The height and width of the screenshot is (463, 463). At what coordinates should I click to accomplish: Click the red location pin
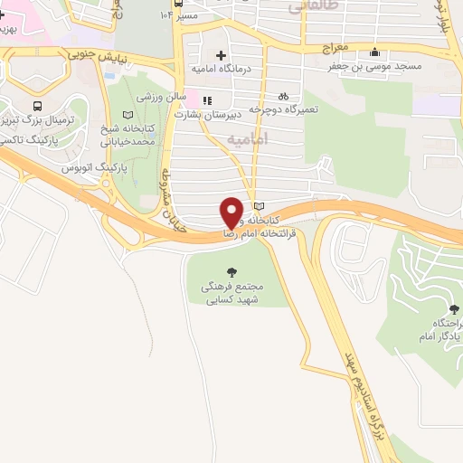(x=231, y=211)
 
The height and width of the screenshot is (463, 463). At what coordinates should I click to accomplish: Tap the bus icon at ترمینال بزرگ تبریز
(x=36, y=106)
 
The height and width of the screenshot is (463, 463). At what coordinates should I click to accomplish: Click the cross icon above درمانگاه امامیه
(x=220, y=55)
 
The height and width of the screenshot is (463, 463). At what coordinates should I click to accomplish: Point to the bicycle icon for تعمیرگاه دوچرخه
(x=283, y=95)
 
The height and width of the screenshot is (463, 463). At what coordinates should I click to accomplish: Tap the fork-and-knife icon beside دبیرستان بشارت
(x=207, y=100)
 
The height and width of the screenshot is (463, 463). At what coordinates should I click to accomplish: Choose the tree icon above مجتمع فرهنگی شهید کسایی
(x=231, y=271)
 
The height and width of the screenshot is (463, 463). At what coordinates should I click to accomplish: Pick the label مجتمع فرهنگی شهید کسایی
(x=231, y=291)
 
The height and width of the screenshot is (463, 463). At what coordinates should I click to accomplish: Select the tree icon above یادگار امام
(x=440, y=308)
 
